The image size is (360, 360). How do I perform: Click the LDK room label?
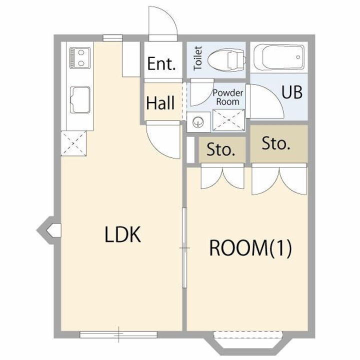[122, 234]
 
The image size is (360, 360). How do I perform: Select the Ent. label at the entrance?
[161, 63]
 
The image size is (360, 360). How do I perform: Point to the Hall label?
[160, 103]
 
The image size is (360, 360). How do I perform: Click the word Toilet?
[198, 58]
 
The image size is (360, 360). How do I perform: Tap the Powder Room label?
[228, 97]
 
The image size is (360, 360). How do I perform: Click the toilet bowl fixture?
[226, 60]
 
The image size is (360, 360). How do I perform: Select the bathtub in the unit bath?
[279, 57]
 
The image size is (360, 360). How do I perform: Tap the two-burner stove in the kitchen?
[80, 57]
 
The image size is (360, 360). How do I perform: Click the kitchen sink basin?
[80, 100]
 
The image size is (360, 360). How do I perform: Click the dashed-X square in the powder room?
[228, 120]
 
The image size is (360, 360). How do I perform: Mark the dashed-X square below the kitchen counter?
[73, 143]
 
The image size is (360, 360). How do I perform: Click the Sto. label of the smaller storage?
[221, 149]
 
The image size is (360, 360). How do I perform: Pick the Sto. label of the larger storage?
[276, 143]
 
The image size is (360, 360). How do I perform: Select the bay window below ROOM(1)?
[247, 343]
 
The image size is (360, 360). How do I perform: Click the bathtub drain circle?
[298, 57]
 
